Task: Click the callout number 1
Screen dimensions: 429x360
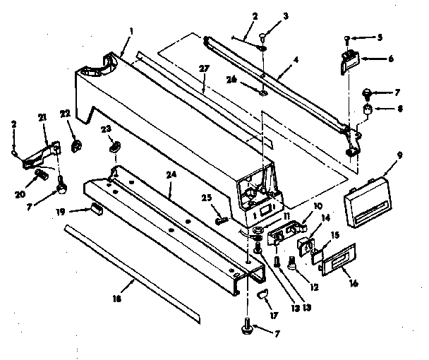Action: click(x=132, y=31)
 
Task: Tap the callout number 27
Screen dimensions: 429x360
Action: click(x=204, y=68)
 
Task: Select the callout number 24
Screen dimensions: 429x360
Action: click(x=171, y=174)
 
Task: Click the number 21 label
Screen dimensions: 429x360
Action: click(x=42, y=118)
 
